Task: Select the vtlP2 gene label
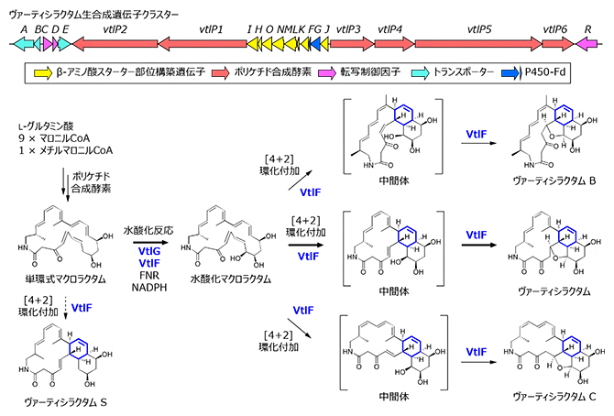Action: pyautogui.click(x=115, y=29)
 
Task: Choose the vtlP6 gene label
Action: pyautogui.click(x=554, y=29)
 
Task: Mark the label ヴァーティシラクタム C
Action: pyautogui.click(x=543, y=396)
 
